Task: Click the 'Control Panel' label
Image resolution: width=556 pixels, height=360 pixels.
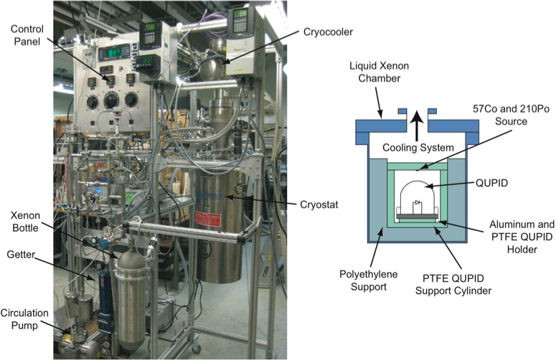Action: click(27, 35)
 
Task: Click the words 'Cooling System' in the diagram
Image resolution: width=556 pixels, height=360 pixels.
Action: click(428, 147)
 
